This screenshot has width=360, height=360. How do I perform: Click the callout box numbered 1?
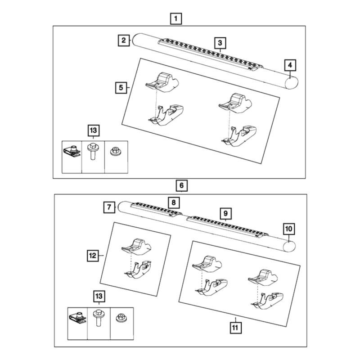click(x=176, y=18)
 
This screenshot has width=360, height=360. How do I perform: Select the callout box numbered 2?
click(x=124, y=40)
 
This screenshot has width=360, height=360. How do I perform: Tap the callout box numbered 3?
click(x=220, y=43)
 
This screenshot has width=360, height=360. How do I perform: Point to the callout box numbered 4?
click(x=290, y=65)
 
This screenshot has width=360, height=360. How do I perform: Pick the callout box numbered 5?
click(x=121, y=87)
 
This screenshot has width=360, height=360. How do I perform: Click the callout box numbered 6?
click(x=182, y=185)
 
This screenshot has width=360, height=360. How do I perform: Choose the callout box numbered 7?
click(x=109, y=207)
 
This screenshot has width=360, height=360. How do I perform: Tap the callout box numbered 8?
click(x=174, y=202)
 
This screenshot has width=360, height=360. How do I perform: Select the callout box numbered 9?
click(x=225, y=213)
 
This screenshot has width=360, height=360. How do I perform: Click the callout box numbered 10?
click(x=289, y=229)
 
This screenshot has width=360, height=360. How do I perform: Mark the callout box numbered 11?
click(x=235, y=328)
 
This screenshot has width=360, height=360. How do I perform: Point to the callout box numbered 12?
click(x=93, y=256)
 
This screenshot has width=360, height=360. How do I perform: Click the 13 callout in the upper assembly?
click(x=94, y=130)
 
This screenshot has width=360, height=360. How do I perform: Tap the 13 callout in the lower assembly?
click(x=99, y=296)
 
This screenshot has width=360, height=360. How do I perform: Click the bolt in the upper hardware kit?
click(x=93, y=151)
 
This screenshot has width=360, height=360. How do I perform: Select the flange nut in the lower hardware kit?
click(x=121, y=318)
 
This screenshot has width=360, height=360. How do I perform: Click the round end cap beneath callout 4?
click(x=291, y=83)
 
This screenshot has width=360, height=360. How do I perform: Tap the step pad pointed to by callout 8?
click(x=156, y=209)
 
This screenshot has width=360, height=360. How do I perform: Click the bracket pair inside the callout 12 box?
click(x=136, y=258)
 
